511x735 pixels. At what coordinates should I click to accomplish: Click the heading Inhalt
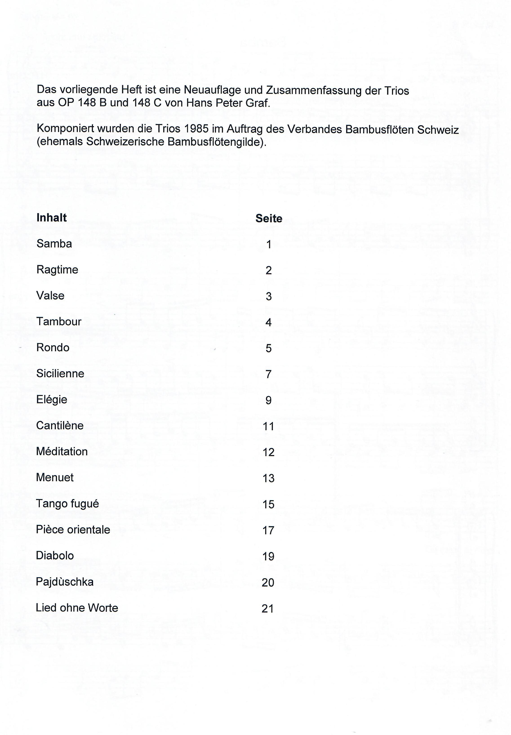pos(51,218)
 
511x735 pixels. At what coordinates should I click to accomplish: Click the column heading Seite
pos(269,219)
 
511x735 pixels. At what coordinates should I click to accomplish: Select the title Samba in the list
pos(54,244)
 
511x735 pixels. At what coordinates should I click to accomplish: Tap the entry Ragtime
pos(57,270)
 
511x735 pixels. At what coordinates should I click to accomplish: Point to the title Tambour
pos(59,321)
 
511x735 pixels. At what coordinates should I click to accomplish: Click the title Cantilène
pos(60,425)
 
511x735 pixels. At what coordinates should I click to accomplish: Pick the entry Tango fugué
pos(67,504)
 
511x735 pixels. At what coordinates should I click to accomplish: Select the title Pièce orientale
pos(73,530)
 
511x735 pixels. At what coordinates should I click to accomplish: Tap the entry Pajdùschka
pos(65,582)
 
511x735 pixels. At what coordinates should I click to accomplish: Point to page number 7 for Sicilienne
pos(269,374)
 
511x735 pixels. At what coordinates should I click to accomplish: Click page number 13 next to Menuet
pos(269,478)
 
